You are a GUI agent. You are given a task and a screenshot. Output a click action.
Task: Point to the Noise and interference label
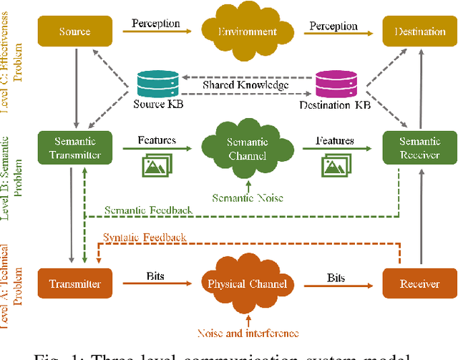pyautogui.click(x=248, y=333)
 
